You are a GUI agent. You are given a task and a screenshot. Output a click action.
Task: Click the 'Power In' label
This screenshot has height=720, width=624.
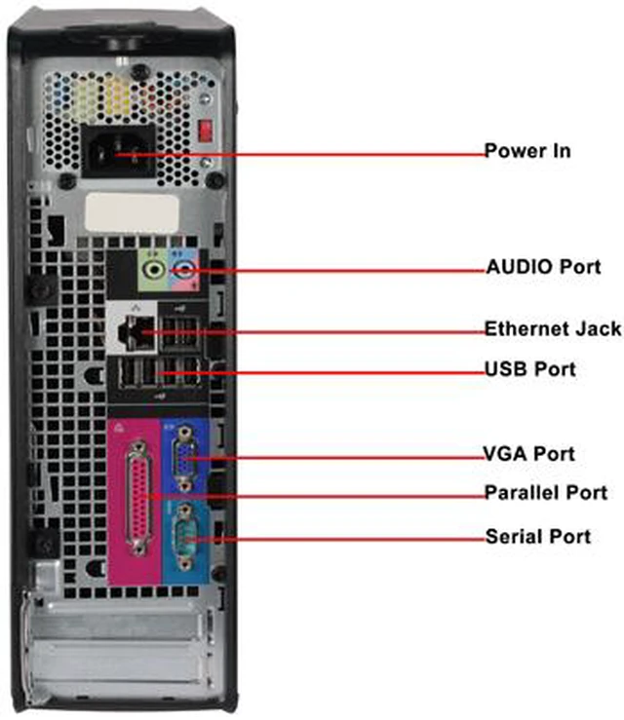coord(527,151)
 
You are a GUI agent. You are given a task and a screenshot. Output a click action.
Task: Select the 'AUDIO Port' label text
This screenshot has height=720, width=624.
coord(544,267)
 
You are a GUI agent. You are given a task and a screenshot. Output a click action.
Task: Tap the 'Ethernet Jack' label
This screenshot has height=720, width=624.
coord(553,328)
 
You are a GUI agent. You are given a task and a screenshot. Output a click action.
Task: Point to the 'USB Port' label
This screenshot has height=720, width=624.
coord(530,369)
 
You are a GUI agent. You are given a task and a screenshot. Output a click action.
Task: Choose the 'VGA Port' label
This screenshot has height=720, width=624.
coord(528,454)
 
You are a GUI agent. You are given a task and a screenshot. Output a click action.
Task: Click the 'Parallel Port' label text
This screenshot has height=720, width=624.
coord(546,493)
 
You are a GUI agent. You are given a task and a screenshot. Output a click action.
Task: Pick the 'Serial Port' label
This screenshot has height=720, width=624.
coord(538,536)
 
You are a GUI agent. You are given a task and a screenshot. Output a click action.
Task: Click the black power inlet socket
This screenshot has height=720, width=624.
coord(118,151)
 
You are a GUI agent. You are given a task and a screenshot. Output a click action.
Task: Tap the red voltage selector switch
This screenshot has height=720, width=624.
coord(205,131)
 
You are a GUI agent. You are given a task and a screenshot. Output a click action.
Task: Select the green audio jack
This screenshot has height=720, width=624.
coord(153,269)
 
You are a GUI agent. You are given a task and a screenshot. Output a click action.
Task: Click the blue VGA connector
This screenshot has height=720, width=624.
coord(184,458)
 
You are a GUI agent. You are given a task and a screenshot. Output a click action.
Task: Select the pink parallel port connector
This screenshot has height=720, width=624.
coord(138,497)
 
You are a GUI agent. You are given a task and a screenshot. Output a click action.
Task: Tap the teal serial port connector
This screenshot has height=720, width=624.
coord(185,536)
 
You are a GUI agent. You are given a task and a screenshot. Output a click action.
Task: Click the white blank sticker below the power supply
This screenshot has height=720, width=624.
coord(132,213)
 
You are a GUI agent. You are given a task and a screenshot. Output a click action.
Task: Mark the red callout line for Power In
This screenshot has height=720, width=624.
coord(299,155)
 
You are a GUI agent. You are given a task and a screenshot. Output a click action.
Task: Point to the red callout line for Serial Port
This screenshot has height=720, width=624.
coord(336,540)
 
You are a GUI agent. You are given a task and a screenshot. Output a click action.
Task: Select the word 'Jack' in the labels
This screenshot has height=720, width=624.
coord(598,328)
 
